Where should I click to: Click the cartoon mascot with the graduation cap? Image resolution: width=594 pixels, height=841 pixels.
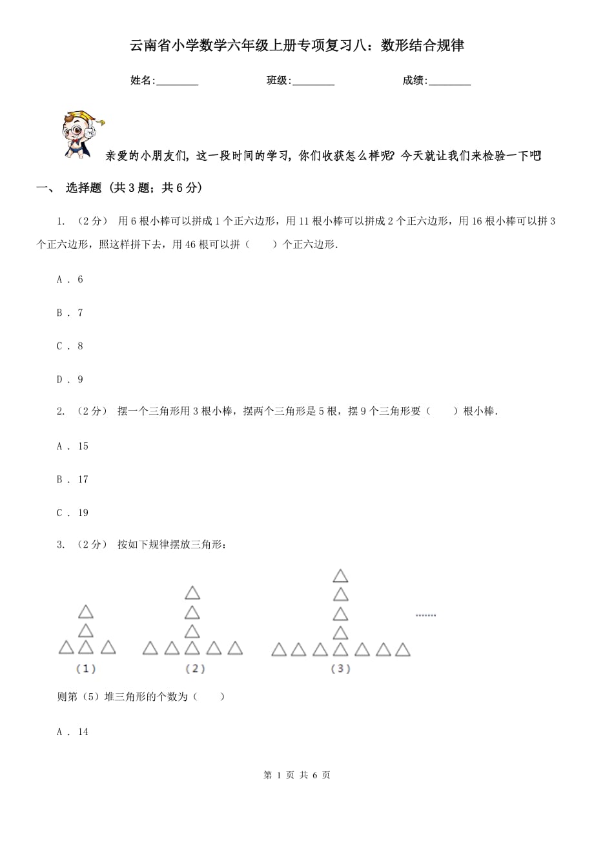82,133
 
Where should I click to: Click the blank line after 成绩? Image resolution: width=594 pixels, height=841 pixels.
449,81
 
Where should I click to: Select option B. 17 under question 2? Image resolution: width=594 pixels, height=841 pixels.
72,479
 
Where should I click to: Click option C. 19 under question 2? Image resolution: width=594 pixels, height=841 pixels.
72,513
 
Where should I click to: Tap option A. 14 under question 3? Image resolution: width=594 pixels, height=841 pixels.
72,732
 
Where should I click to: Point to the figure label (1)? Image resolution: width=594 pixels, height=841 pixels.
86,669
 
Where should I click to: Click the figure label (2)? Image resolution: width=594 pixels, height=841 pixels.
194,669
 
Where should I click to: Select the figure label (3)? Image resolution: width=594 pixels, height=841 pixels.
340,669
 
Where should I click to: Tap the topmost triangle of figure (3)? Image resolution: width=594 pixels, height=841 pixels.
340,576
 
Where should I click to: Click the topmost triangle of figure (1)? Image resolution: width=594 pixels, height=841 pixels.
86,611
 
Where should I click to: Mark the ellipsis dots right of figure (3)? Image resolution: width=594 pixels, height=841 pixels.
425,615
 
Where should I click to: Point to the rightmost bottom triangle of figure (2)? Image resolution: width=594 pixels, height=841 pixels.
235,648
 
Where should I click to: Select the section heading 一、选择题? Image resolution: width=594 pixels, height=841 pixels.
119,188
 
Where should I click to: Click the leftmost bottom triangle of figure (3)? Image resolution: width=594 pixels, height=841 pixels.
279,649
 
